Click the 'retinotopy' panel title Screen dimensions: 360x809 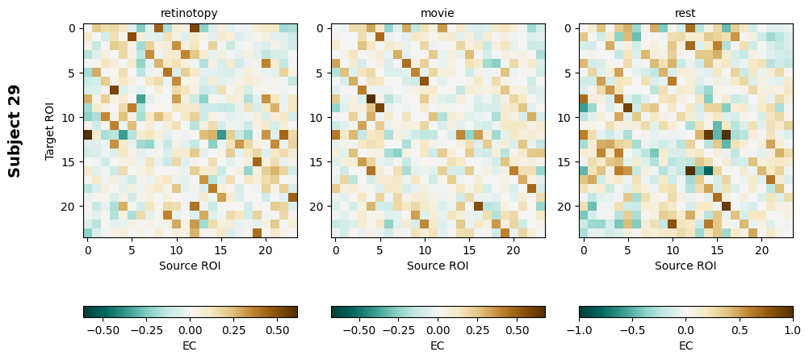coord(190,13)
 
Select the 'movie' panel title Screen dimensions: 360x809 coord(438,13)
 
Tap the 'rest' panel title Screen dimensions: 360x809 coord(685,13)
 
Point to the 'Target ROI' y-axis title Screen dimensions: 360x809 coord(51,131)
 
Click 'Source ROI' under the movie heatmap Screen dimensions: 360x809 coord(438,265)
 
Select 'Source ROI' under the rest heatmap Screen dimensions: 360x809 coord(685,265)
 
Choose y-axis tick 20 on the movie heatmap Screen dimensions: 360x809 coord(320,207)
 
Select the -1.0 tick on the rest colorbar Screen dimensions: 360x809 coord(580,329)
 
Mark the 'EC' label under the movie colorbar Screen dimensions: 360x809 coord(438,345)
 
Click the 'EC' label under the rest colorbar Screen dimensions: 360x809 coord(685,345)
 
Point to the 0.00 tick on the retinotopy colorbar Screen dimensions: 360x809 coord(191,329)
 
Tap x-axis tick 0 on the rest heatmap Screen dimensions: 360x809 coord(584,251)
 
